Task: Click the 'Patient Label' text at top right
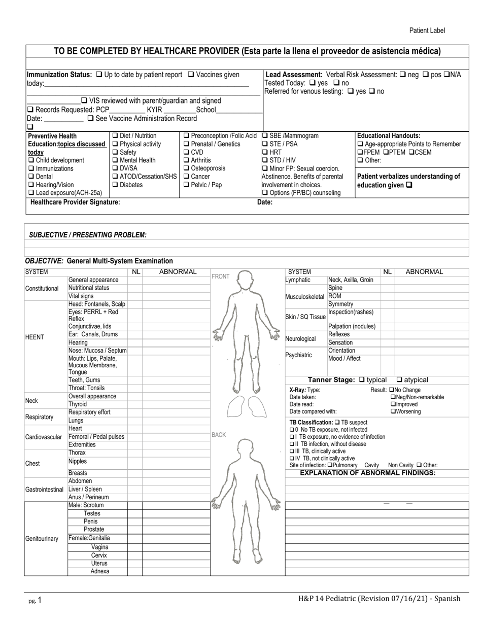coord(427,30)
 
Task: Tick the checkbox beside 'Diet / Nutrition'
coord(115,136)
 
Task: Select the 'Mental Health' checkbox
coord(115,160)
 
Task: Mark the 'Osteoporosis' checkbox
coord(187,168)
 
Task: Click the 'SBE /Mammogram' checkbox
coord(265,136)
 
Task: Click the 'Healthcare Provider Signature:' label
coord(75,202)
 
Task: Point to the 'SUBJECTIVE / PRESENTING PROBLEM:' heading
coord(88,235)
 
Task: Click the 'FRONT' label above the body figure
coord(220,276)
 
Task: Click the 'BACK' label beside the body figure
coord(219,435)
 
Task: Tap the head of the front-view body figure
coord(245,279)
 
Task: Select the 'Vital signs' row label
coord(81,296)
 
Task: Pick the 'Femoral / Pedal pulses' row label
coord(96,437)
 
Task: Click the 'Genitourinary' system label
coord(42,539)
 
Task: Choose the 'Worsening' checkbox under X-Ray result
coord(393,411)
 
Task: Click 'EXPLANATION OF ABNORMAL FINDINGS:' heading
coord(368,473)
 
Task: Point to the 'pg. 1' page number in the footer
coord(35,601)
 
